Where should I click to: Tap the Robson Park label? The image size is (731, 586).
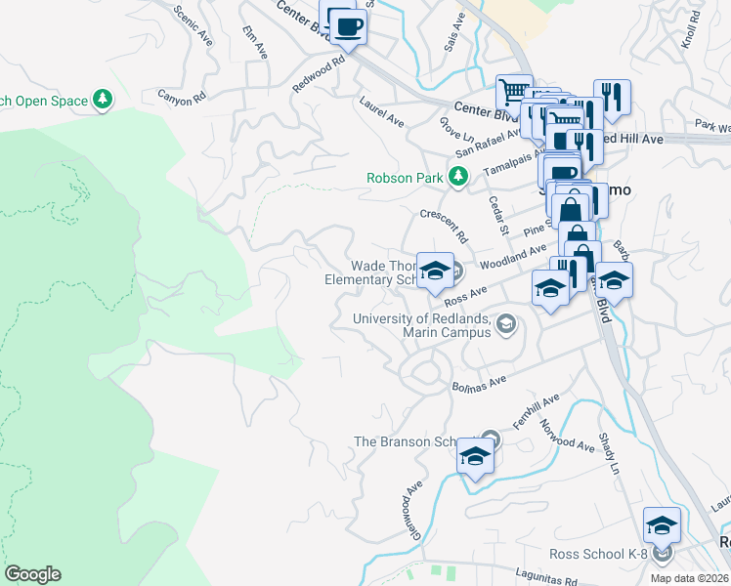pyautogui.click(x=406, y=178)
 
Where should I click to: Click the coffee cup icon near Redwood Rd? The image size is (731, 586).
pyautogui.click(x=348, y=26)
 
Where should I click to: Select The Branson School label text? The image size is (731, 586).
pyautogui.click(x=406, y=441)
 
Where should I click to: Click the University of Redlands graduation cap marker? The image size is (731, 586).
pyautogui.click(x=505, y=324)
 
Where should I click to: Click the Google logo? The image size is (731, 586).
pyautogui.click(x=32, y=573)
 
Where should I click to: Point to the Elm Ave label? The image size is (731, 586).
pyautogui.click(x=255, y=42)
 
